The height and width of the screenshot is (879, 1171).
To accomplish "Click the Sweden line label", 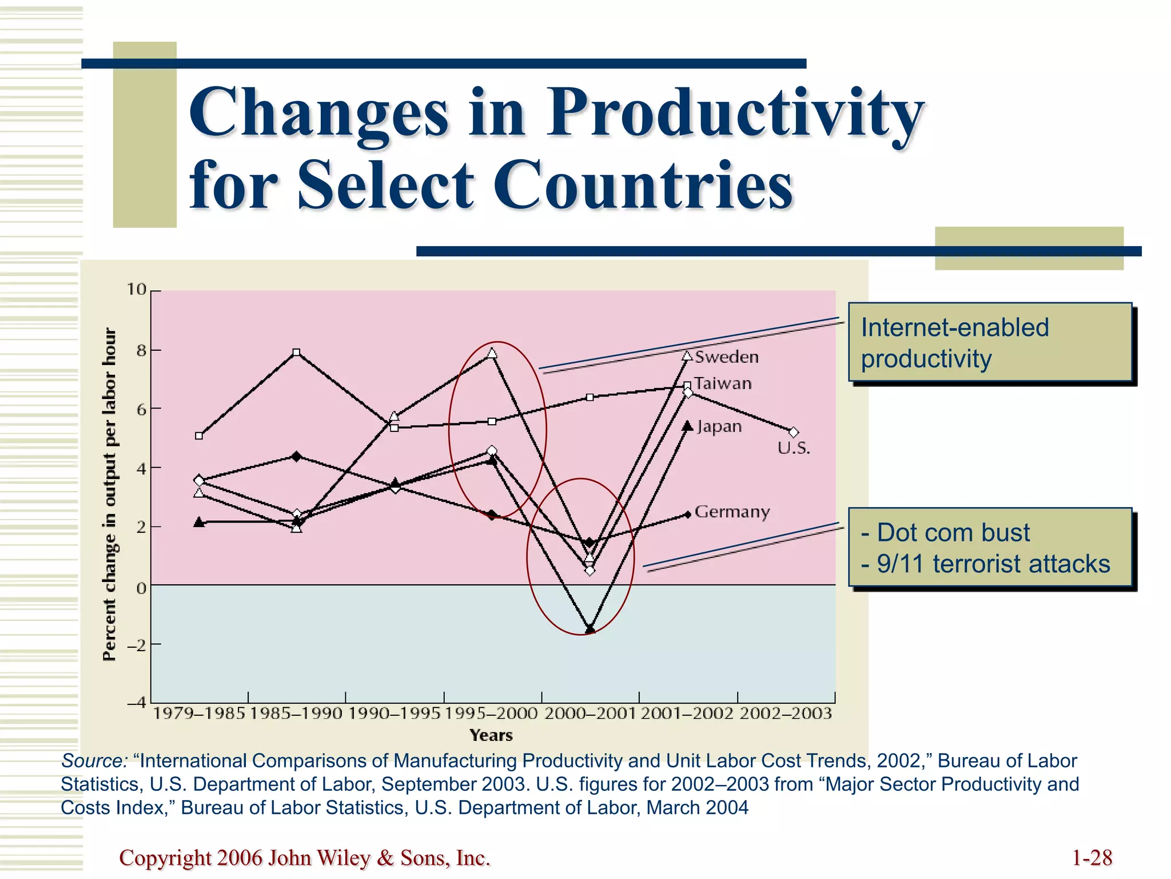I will (x=727, y=357).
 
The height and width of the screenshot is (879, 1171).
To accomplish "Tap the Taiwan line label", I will (x=723, y=383).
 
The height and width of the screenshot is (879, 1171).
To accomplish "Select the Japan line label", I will (x=719, y=427).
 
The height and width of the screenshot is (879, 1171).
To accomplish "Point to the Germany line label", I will (x=732, y=512).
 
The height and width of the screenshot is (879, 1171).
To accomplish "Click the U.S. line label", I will (x=794, y=448).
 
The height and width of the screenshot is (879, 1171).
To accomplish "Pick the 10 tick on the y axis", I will (x=137, y=290).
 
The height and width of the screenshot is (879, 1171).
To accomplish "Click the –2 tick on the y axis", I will (x=136, y=645).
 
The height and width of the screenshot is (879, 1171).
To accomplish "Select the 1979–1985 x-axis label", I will (x=199, y=714).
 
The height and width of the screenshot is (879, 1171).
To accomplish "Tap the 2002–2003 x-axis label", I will (x=786, y=714).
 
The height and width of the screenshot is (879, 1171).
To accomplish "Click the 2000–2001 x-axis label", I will (x=590, y=714).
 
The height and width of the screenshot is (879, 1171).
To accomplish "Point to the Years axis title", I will (x=491, y=735).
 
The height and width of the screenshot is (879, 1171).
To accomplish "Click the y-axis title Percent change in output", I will (x=109, y=494).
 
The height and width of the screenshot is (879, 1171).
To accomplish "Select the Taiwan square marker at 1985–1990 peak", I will (x=296, y=353).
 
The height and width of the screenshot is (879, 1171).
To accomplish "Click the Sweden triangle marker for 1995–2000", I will (x=492, y=354).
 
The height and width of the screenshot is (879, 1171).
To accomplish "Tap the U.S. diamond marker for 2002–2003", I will (x=794, y=433).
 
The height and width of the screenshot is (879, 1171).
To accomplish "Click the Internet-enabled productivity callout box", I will (x=990, y=343).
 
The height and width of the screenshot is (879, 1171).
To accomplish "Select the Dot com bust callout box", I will (x=990, y=548).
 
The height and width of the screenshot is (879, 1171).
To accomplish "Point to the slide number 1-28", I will (x=1092, y=858).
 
